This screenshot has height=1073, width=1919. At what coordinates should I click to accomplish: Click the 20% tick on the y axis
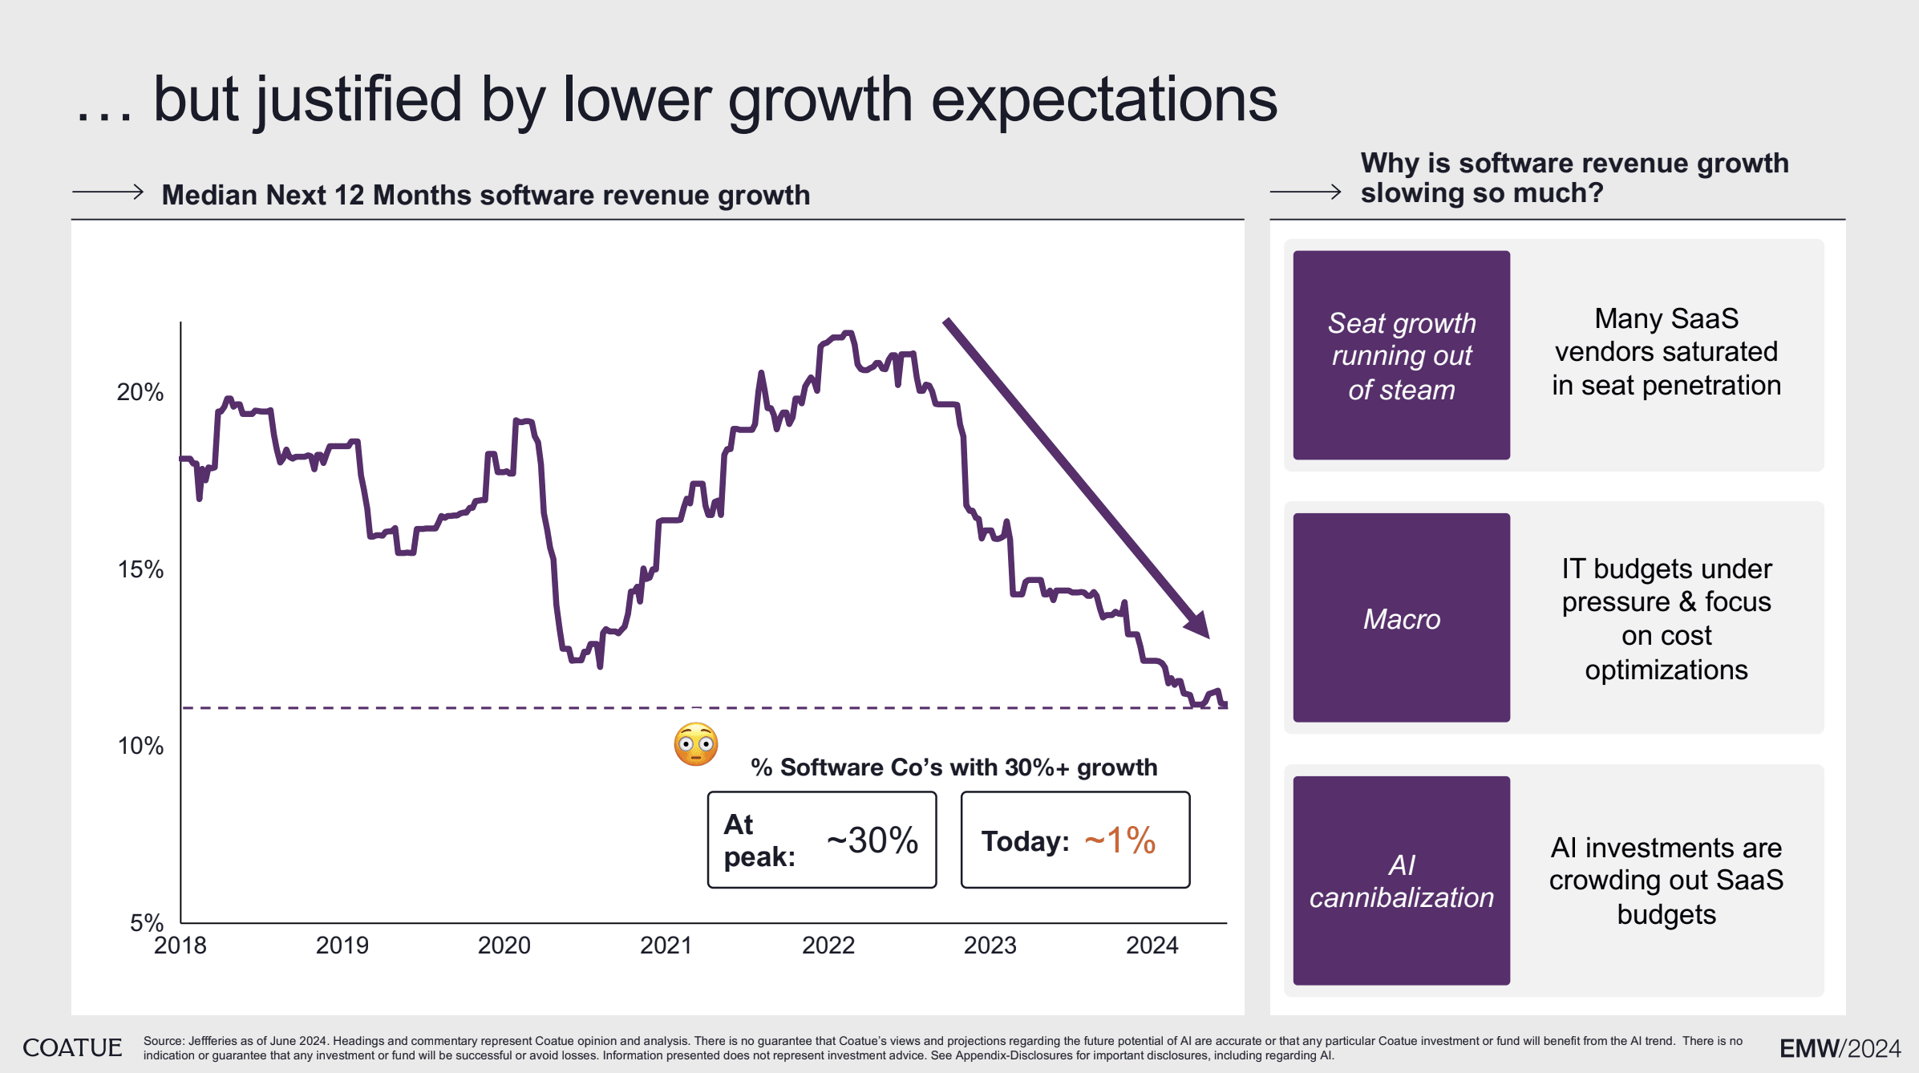tap(140, 392)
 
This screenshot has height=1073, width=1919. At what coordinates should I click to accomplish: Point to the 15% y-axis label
tap(140, 569)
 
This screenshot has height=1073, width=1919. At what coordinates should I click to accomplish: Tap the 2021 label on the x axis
tap(666, 945)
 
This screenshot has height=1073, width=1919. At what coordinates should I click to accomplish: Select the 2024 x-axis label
tap(1152, 945)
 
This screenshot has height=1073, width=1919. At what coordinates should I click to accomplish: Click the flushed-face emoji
tap(695, 745)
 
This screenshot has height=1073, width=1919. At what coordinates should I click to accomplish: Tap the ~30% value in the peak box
tap(872, 840)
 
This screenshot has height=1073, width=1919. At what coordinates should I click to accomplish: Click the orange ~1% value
tap(1119, 840)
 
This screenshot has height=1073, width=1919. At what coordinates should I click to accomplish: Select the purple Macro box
tap(1401, 617)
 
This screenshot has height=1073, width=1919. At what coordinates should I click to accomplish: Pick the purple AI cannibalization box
tap(1401, 881)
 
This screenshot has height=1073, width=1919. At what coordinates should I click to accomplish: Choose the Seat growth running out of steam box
tap(1401, 355)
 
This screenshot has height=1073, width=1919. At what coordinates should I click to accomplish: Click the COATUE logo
tap(72, 1047)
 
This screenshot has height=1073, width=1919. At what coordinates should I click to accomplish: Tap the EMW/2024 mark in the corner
tap(1840, 1048)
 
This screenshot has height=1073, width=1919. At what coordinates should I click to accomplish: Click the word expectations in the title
tap(1103, 100)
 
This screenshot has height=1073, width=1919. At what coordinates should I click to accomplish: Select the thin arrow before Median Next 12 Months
tap(107, 192)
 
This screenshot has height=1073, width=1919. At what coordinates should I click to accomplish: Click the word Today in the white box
tap(1024, 841)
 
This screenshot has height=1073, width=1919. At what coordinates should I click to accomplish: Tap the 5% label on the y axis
tap(147, 923)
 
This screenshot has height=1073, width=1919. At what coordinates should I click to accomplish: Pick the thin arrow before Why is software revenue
tap(1306, 192)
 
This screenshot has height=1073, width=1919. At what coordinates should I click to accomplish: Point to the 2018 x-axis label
tap(180, 945)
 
